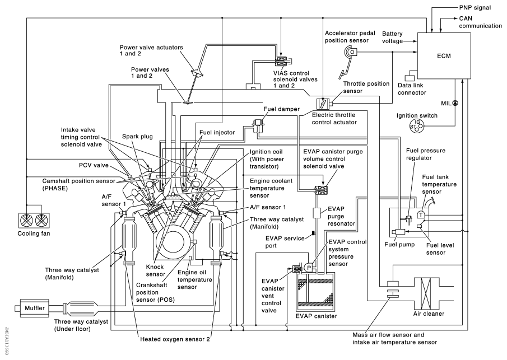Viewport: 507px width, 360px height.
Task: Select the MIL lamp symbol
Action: tap(455, 103)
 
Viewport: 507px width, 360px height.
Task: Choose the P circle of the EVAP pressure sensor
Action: tap(308, 268)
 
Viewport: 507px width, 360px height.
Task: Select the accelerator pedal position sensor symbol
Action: tap(350, 53)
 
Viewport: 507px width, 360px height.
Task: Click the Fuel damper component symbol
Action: tap(258, 124)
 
